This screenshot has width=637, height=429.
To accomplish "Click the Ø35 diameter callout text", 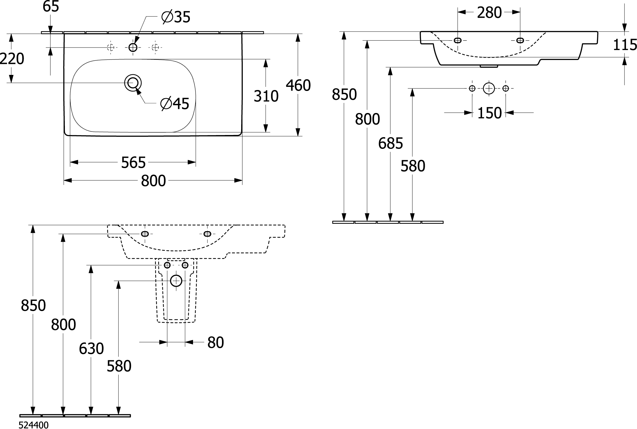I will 176,17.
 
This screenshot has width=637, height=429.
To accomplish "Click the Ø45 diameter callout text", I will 175,104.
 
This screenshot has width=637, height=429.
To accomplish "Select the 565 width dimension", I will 133,162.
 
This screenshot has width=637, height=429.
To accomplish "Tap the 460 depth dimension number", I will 298,85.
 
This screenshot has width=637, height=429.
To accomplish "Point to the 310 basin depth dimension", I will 266,96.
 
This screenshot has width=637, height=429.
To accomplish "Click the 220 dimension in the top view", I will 12,59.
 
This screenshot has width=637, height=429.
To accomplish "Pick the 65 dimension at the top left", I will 51,7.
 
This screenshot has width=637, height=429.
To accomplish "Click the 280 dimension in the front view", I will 489,13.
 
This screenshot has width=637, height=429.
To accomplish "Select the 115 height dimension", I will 625,45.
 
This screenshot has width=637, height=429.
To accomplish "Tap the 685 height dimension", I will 390,144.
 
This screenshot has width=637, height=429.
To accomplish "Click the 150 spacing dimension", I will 489,113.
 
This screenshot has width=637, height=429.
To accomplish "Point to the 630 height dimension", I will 91,348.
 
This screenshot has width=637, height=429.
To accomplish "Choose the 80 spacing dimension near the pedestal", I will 215,342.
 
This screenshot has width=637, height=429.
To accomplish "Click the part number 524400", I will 34,425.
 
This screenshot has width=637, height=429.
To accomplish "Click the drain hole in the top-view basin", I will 133,83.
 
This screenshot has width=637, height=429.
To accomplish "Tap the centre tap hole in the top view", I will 133,48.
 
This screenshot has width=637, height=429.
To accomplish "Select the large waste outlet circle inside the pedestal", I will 176,280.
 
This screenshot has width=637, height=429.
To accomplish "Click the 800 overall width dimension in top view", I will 153,181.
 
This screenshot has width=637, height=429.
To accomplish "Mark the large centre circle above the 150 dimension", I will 489,88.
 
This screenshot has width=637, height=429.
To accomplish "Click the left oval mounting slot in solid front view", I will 458,40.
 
